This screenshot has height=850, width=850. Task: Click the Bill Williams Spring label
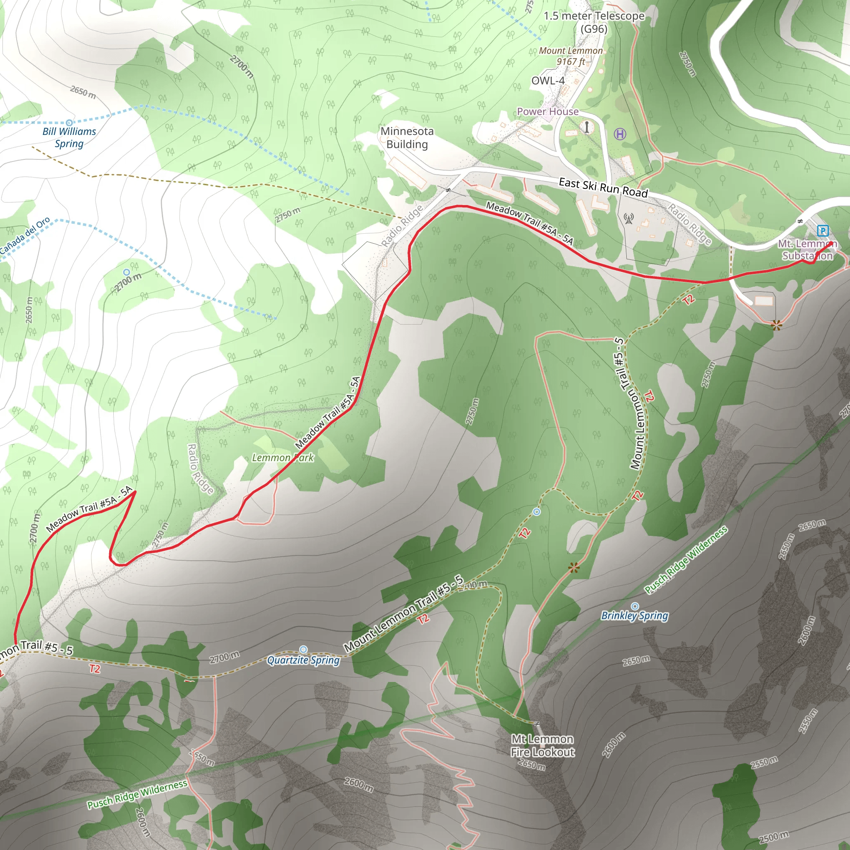click(69, 138)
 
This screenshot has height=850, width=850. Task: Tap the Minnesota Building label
click(407, 138)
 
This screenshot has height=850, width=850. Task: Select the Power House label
click(547, 112)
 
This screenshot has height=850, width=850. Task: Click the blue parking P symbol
click(822, 230)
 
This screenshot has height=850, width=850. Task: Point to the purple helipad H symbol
click(620, 134)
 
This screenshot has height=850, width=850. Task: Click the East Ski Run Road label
click(603, 188)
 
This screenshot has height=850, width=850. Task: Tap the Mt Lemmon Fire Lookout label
click(542, 745)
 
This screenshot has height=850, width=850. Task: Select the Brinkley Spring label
click(635, 616)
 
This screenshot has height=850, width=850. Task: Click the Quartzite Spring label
click(303, 660)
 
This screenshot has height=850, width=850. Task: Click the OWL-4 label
click(548, 81)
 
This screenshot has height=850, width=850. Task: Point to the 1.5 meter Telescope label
click(594, 22)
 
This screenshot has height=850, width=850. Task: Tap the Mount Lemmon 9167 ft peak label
click(571, 56)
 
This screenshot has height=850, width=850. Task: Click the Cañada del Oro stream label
click(25, 236)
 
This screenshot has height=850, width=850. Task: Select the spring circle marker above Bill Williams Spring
click(69, 123)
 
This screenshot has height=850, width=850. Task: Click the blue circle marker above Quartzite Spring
click(303, 650)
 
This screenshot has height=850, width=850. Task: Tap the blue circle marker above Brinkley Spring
click(635, 606)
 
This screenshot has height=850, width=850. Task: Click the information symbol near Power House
click(586, 127)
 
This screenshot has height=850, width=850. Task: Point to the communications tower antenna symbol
click(629, 218)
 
